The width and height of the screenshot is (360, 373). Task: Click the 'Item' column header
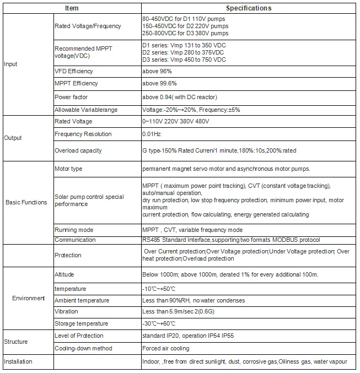[x=72, y=8]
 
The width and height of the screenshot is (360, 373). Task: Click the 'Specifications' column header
[x=249, y=8]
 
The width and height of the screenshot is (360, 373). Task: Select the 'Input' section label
[x=10, y=64]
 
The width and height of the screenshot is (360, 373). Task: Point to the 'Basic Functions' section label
[x=26, y=202]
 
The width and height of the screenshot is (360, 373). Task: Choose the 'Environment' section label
[x=29, y=298]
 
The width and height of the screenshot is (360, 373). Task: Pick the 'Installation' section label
[x=18, y=361]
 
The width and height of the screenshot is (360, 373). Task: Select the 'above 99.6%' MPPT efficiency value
[x=159, y=83]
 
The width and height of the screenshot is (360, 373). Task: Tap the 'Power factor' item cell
[x=72, y=98]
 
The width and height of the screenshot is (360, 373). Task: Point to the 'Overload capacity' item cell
[x=78, y=150]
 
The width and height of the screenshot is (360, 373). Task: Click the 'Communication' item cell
[x=74, y=240]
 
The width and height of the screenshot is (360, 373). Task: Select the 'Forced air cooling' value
[x=165, y=348]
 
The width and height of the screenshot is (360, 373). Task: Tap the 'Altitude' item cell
[x=64, y=274]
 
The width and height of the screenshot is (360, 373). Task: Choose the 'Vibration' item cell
[x=66, y=312]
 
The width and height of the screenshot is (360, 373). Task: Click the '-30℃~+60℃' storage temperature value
[x=159, y=323]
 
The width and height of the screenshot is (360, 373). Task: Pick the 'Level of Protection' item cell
[x=79, y=336]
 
